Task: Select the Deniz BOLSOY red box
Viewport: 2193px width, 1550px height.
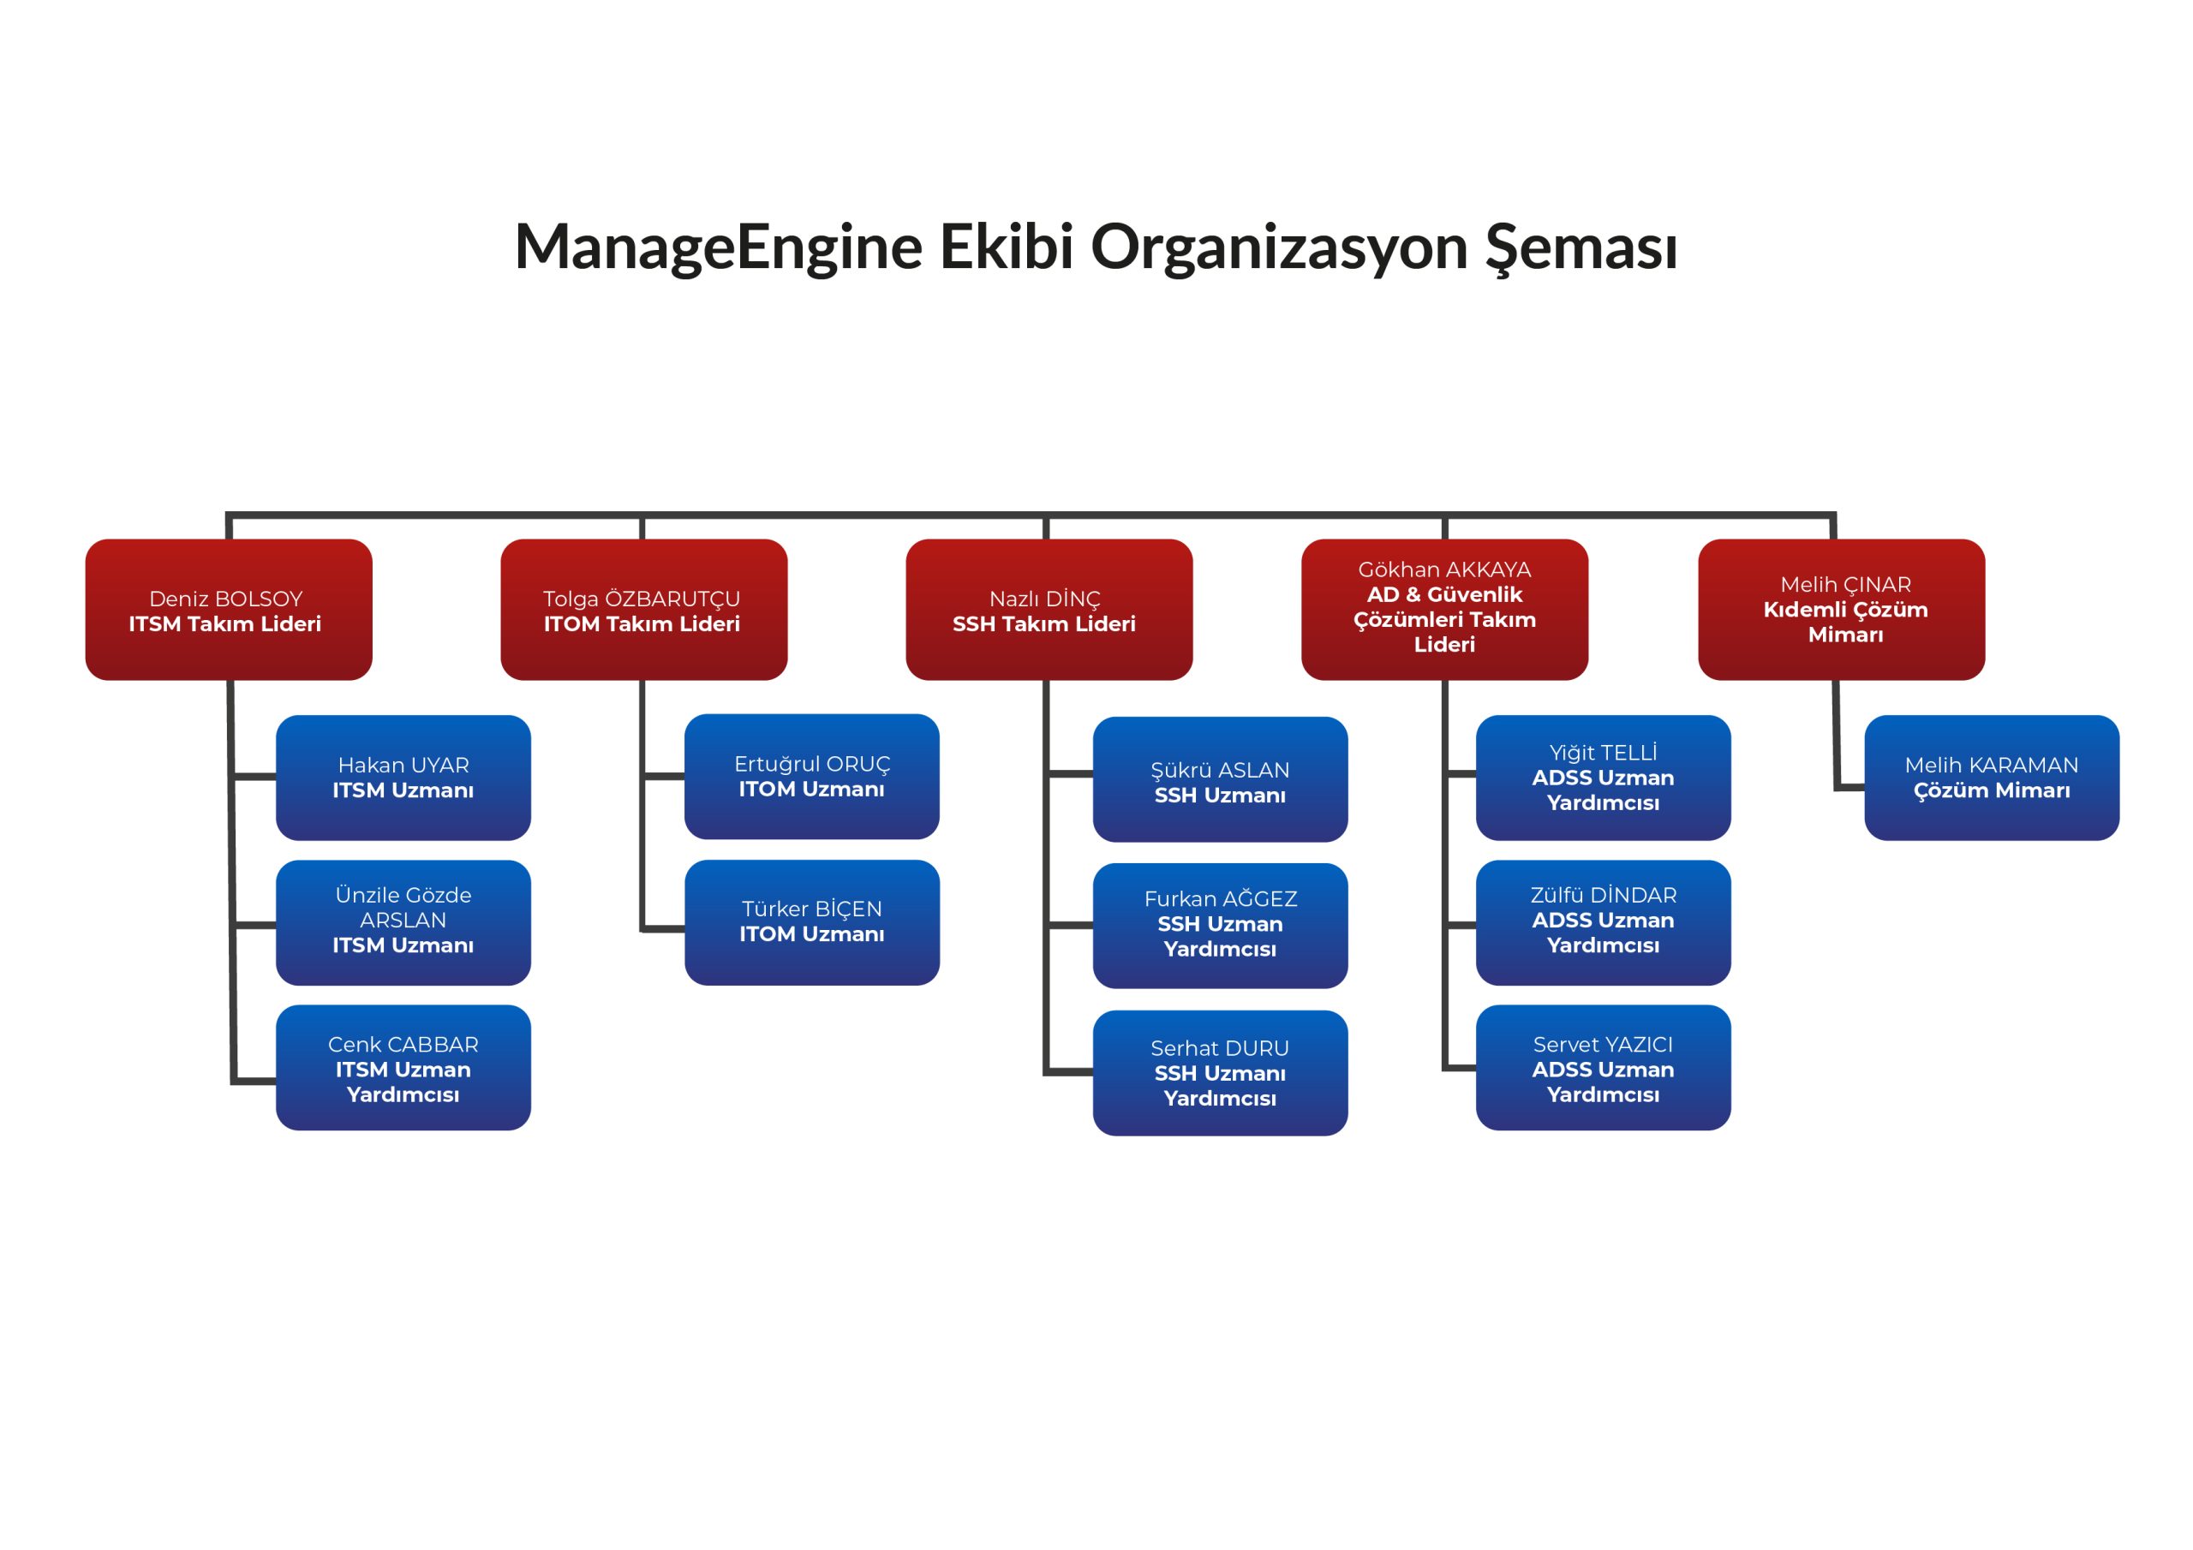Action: [x=228, y=610]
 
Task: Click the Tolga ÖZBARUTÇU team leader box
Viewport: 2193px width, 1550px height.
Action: [x=643, y=610]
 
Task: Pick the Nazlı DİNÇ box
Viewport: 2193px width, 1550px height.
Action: [x=1049, y=610]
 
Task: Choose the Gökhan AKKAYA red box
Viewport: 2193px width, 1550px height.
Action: [x=1444, y=610]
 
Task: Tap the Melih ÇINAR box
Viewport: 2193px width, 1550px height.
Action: [x=1842, y=610]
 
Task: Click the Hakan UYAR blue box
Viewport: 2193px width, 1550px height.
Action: [x=403, y=778]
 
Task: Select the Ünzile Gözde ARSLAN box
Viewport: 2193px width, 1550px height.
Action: [x=403, y=922]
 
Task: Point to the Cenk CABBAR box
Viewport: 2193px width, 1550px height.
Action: [x=403, y=1068]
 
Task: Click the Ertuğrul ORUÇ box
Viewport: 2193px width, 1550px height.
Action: [x=812, y=777]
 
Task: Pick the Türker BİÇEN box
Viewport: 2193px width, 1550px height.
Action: [x=812, y=922]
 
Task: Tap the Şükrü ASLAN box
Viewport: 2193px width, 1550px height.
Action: [x=1221, y=779]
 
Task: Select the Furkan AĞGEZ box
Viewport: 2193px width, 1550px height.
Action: [x=1221, y=926]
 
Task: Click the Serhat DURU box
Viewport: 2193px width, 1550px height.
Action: [x=1221, y=1072]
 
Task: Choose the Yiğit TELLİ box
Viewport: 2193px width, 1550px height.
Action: [x=1604, y=778]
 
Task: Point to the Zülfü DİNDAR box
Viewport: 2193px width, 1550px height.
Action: [x=1604, y=922]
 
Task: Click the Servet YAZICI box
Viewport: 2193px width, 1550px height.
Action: [x=1604, y=1068]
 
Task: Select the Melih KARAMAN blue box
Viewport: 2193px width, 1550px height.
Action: [x=1993, y=778]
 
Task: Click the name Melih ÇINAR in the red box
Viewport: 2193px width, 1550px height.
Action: [x=1845, y=585]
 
